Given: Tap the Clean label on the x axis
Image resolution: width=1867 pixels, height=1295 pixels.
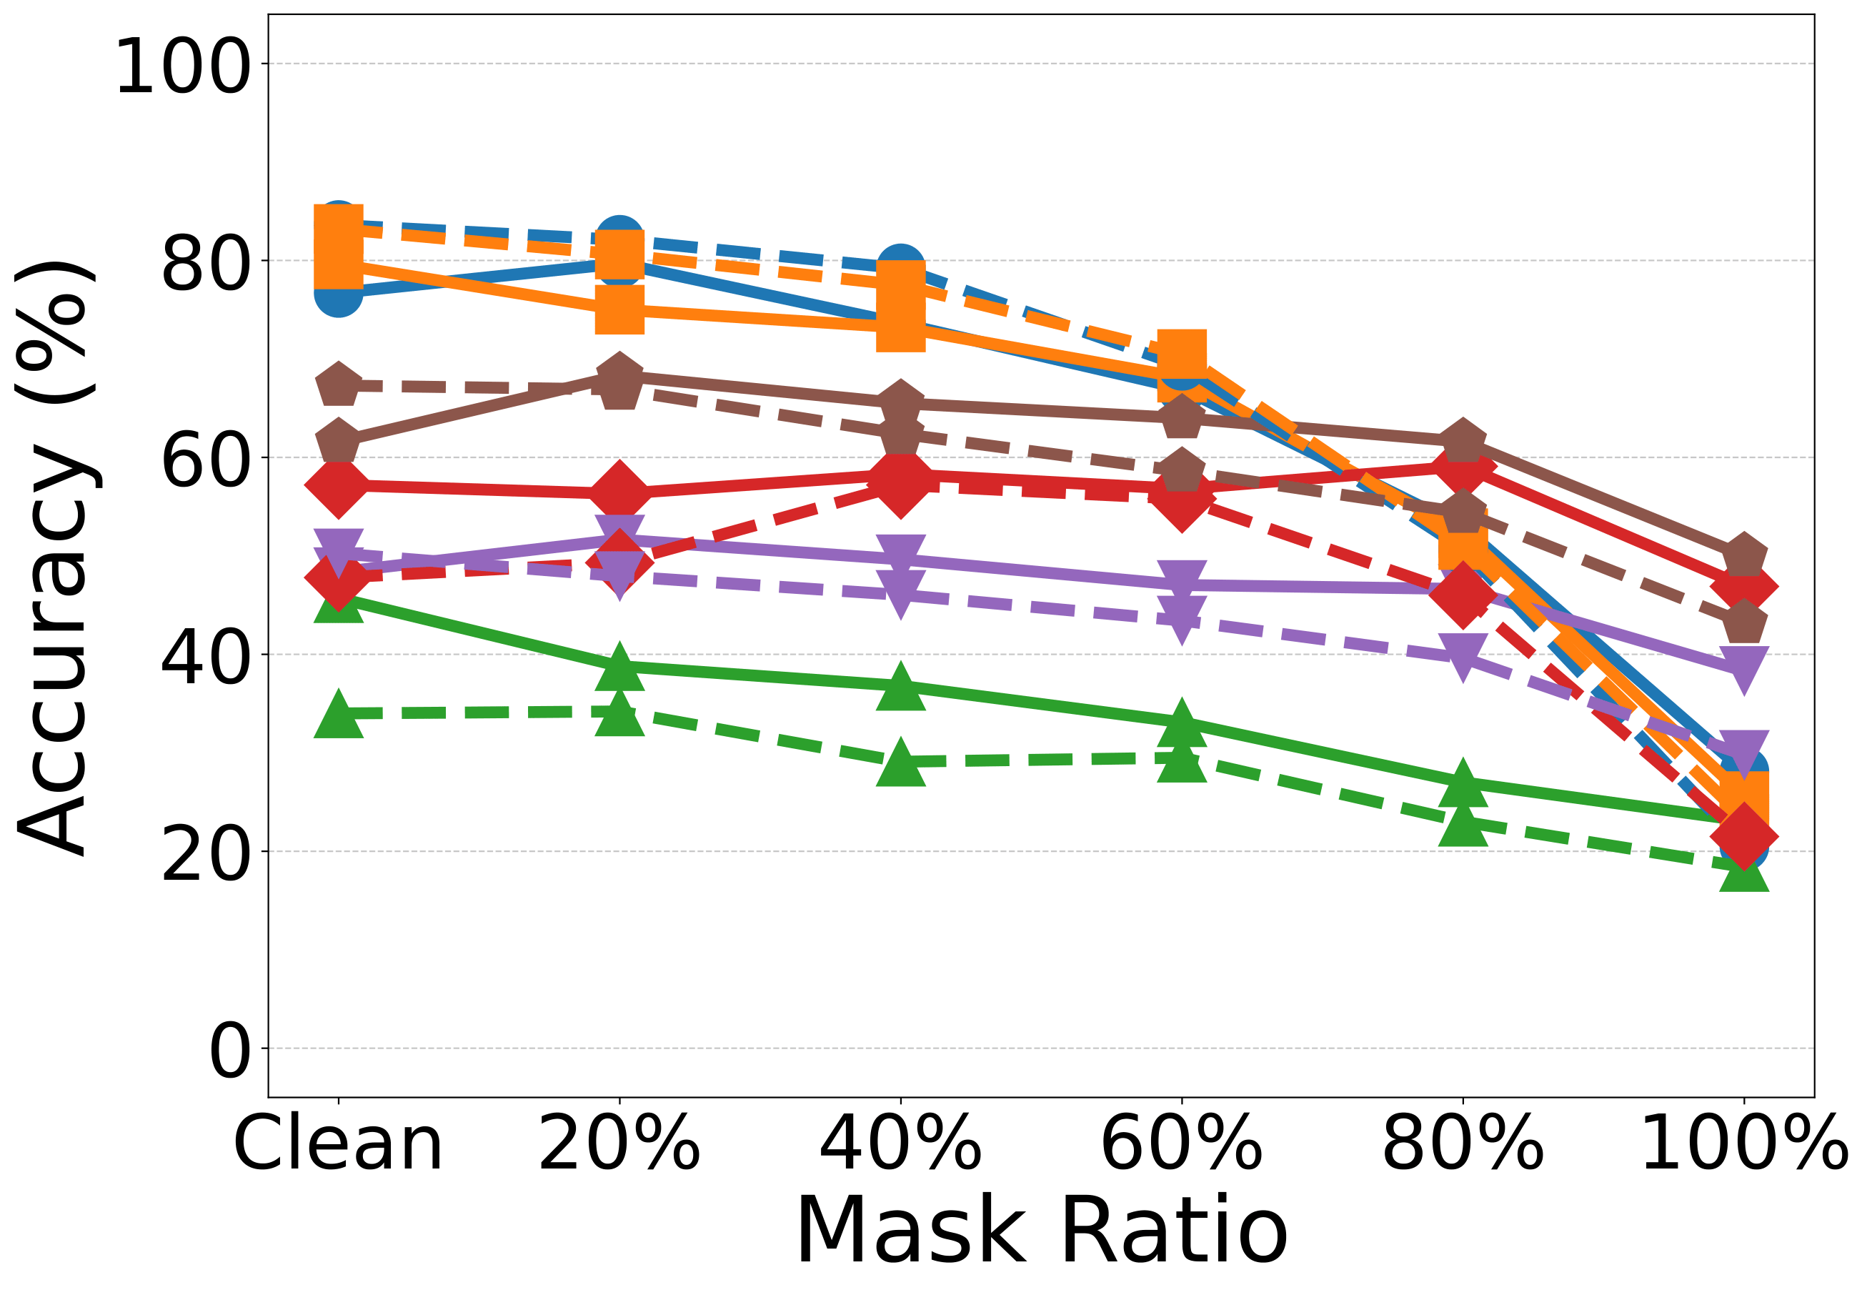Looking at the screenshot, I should point(338,1144).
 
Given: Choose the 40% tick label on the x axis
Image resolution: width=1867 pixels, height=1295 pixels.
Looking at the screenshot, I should point(900,1144).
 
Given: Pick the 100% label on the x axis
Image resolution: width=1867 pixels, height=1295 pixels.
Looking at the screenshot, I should point(1743,1144).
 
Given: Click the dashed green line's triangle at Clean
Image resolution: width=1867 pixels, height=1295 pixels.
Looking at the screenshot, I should point(338,714).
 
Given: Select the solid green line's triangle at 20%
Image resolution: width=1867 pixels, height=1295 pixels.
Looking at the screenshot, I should point(619,666).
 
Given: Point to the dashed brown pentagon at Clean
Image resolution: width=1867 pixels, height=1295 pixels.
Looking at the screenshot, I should point(338,385).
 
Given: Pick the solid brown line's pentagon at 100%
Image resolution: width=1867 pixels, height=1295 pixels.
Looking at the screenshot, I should point(1743,557).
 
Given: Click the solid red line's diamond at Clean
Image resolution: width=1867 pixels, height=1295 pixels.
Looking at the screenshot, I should point(338,486).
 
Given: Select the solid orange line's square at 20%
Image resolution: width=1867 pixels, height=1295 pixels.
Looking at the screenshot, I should point(619,309).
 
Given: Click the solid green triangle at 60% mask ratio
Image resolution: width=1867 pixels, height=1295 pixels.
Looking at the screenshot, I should point(1182,721).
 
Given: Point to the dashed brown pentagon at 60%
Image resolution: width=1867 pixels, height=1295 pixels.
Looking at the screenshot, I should point(1182,470).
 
